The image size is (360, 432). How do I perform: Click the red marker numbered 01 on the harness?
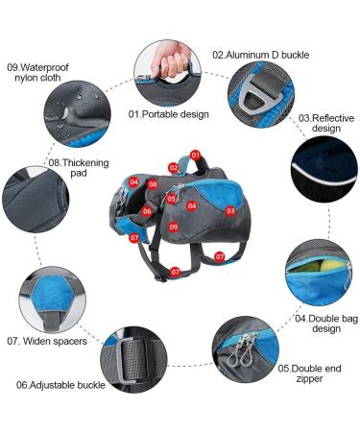click(195, 155)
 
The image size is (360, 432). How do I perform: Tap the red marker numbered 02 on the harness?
click(175, 167)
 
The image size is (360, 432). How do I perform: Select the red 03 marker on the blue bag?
click(230, 209)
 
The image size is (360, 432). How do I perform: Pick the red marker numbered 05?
click(171, 200)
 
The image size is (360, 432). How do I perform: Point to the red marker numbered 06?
click(148, 211)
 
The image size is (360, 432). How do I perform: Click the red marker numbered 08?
click(153, 183)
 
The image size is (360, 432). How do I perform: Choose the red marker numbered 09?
click(174, 227)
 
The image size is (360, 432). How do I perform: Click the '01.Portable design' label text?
click(168, 113)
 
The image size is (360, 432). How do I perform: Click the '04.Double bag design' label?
click(318, 324)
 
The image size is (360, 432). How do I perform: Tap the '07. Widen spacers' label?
click(47, 341)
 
